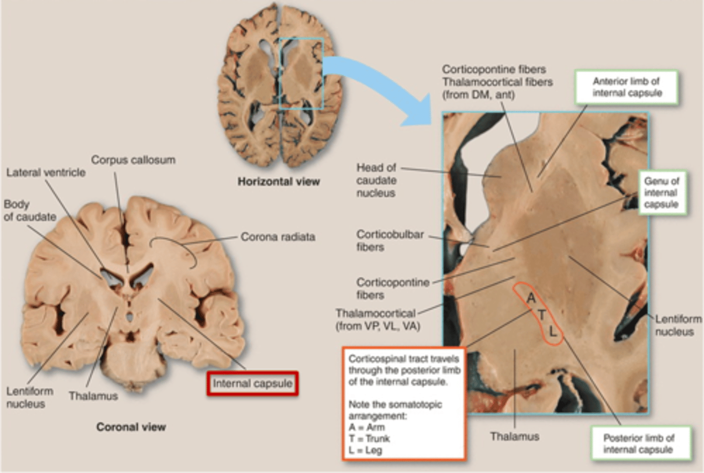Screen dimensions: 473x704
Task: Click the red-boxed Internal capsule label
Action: (252, 384)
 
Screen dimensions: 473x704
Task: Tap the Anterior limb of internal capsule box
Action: (627, 88)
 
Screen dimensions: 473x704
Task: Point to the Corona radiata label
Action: (278, 237)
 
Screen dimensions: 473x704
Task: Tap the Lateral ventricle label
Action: (46, 173)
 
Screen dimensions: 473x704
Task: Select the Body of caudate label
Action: (30, 210)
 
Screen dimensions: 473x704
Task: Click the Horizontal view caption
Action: (279, 182)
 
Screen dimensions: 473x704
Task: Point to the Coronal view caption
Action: (131, 427)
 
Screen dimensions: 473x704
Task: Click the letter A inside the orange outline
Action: (531, 298)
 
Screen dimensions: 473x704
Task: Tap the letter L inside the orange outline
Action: (552, 332)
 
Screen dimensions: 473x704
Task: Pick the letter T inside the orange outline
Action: (542, 315)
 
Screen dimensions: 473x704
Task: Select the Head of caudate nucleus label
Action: (376, 180)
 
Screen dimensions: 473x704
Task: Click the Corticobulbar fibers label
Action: (390, 241)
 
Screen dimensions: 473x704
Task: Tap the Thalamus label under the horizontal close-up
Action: (515, 436)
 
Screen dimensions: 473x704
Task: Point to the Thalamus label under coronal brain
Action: (93, 396)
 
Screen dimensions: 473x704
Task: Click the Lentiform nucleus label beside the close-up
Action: (678, 325)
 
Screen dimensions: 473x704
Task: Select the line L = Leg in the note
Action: (365, 450)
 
